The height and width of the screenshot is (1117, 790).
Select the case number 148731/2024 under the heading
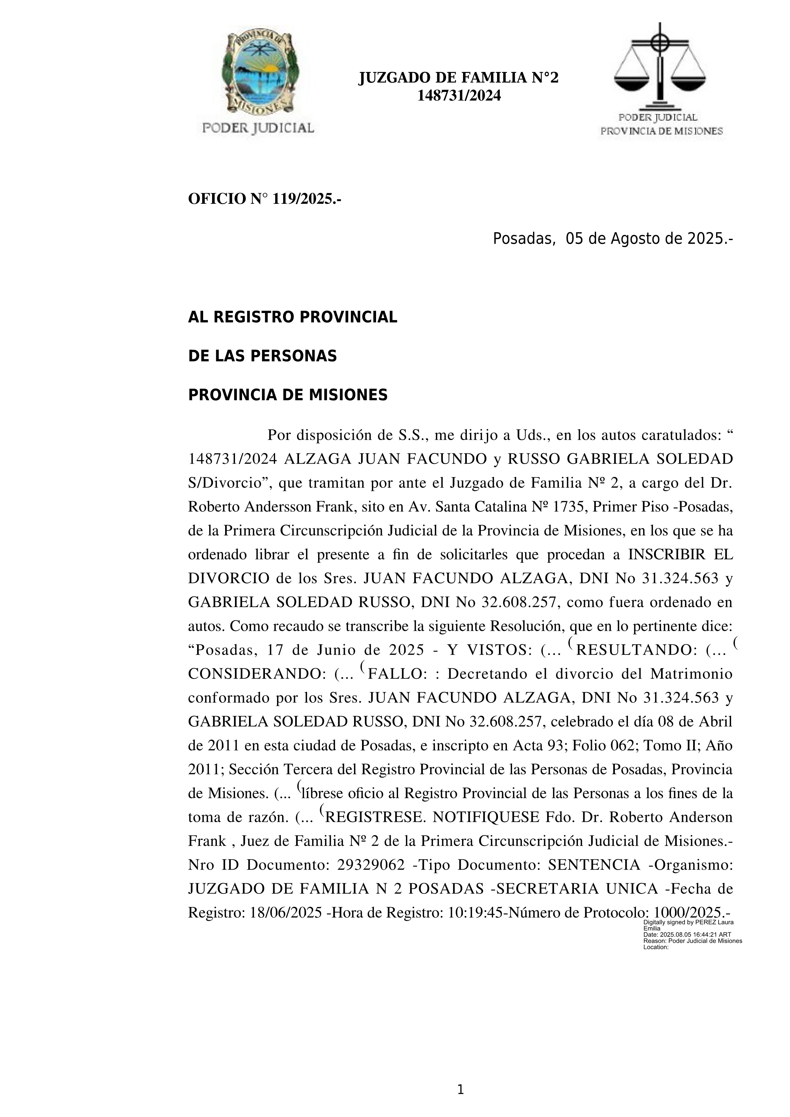459,96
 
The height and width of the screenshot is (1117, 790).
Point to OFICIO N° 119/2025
264,199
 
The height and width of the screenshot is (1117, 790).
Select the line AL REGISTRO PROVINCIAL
292,317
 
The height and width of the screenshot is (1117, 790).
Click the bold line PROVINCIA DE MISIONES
288,395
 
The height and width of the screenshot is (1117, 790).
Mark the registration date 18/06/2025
286,913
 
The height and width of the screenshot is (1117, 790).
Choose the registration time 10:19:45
475,913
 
